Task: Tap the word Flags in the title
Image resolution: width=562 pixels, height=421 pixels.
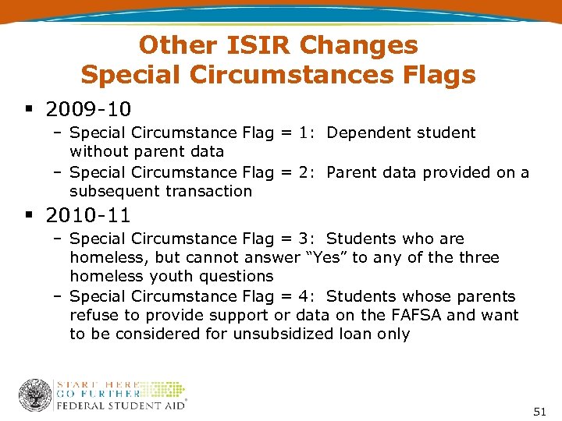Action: pyautogui.click(x=438, y=75)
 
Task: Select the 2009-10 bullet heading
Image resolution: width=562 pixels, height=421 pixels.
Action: pyautogui.click(x=88, y=107)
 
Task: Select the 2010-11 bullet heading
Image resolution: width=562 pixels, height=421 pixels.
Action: pyautogui.click(x=88, y=214)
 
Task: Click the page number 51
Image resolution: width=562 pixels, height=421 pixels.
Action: pyautogui.click(x=539, y=410)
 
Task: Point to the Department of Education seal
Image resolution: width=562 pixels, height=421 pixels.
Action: pyautogui.click(x=35, y=395)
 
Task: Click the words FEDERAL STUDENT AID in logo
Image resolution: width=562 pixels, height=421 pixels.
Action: pyautogui.click(x=121, y=405)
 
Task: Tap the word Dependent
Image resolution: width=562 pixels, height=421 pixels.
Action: pyautogui.click(x=367, y=133)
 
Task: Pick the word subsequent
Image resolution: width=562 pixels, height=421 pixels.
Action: pyautogui.click(x=112, y=191)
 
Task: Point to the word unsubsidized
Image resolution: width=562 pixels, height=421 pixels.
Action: pyautogui.click(x=276, y=334)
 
